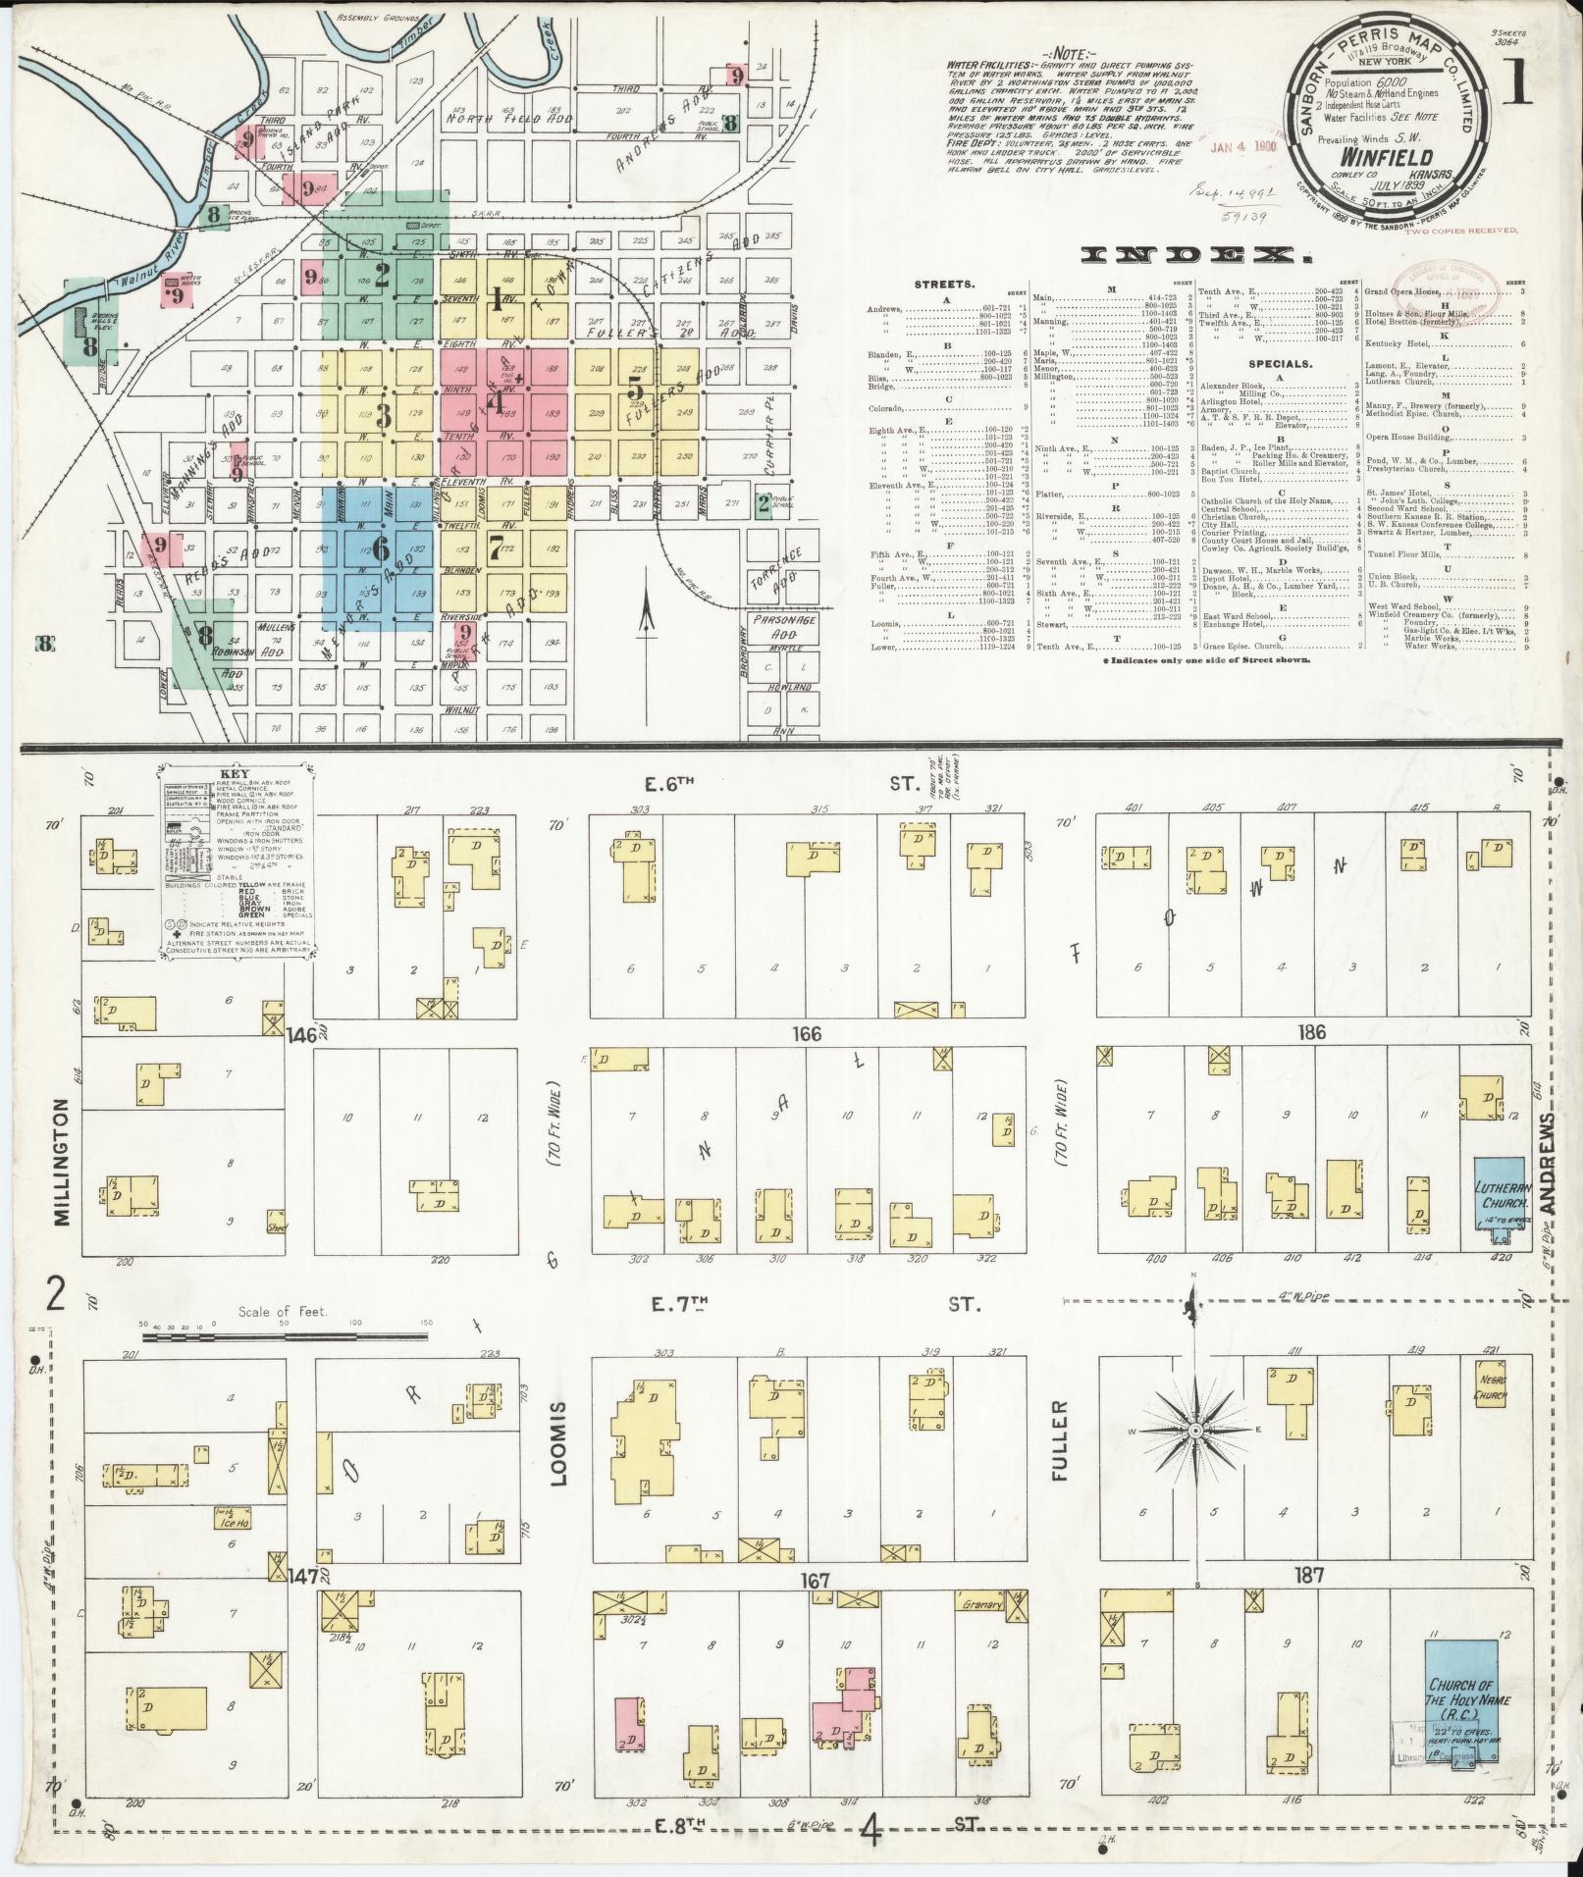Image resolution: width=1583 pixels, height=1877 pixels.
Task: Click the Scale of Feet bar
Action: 287,1336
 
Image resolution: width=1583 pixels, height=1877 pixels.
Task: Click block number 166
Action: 808,1033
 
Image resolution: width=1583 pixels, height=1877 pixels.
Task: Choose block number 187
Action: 1309,1576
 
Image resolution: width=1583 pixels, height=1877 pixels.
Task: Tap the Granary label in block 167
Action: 982,1605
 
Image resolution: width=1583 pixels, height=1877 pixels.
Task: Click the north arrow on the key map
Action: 647,615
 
